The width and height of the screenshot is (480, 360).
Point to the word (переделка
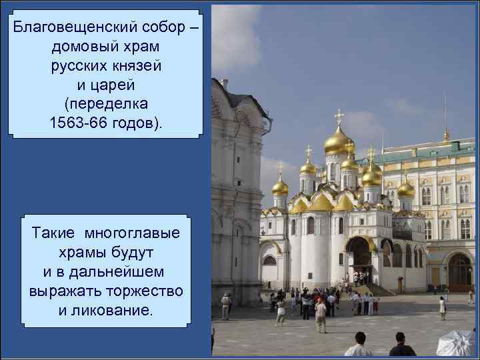(x=106, y=105)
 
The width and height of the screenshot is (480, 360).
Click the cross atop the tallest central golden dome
(x=339, y=117)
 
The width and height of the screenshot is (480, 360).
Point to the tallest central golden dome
(x=339, y=141)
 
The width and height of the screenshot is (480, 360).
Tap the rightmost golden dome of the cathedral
(x=406, y=189)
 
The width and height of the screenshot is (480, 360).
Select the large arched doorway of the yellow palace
(x=459, y=272)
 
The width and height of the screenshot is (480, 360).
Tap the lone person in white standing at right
(x=442, y=307)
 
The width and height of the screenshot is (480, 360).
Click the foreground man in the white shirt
(x=359, y=345)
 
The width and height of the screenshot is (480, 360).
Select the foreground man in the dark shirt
(x=402, y=345)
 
